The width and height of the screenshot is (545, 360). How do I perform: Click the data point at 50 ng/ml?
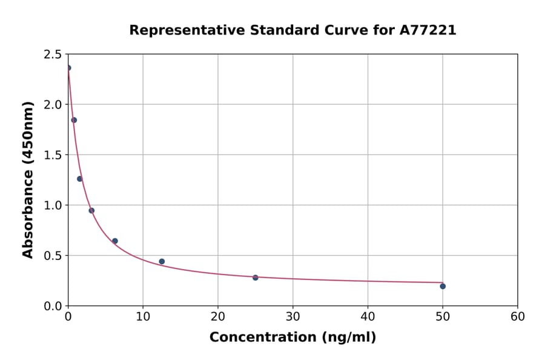[x=443, y=286]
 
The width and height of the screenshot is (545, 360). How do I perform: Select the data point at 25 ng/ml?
[x=256, y=278]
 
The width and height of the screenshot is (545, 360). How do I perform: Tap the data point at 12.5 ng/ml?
[x=162, y=262]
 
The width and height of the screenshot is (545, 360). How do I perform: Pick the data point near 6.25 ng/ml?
[x=115, y=241]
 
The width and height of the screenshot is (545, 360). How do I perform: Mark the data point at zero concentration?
[x=68, y=68]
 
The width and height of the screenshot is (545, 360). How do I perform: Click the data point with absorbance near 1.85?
[x=74, y=120]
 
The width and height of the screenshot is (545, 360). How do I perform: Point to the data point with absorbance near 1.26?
[x=80, y=179]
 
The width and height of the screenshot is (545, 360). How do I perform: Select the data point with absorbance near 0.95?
[x=91, y=211]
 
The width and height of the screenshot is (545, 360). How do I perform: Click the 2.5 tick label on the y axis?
[x=52, y=55]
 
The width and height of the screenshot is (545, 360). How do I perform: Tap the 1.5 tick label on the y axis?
[x=52, y=155]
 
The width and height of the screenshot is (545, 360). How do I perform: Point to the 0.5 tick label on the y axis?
[x=52, y=256]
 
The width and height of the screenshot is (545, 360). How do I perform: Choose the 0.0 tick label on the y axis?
[x=52, y=306]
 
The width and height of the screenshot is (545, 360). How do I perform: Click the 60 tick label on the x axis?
[x=517, y=317]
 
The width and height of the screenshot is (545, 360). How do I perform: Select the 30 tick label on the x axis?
[x=292, y=317]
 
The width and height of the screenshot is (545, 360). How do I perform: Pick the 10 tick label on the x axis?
[x=143, y=317]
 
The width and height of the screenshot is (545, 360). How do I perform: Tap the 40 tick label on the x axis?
[x=368, y=317]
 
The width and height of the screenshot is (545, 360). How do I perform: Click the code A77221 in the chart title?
[x=428, y=30]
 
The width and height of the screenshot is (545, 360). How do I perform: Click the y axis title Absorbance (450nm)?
[x=28, y=180]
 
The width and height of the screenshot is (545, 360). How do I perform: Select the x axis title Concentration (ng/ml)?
[x=292, y=338]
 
